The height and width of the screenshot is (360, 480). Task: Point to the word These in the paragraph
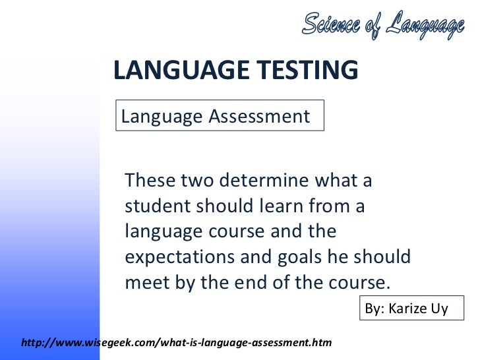[x=150, y=180]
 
